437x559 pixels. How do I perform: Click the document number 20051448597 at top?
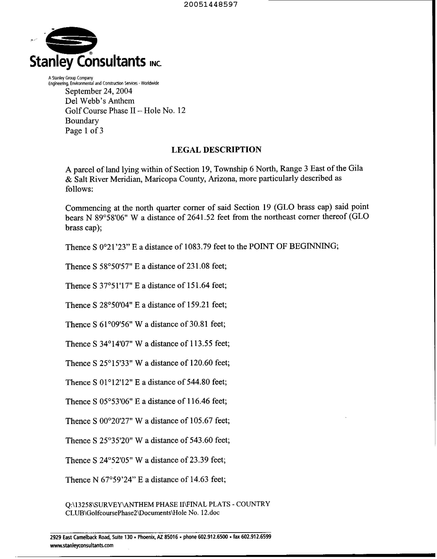(x=211, y=4)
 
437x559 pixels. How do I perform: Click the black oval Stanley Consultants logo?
(x=71, y=40)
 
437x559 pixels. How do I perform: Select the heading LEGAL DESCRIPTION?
(x=216, y=150)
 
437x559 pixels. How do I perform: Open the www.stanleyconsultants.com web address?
(x=82, y=545)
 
